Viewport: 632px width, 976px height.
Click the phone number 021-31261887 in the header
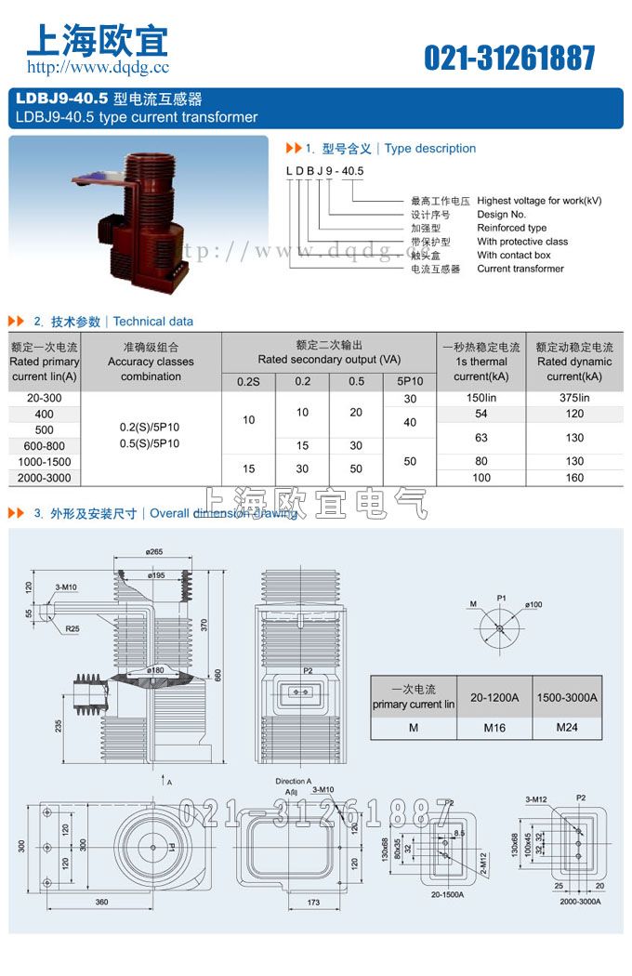[509, 58]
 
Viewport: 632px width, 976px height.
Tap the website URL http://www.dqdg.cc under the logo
[98, 67]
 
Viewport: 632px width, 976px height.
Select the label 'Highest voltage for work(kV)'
[539, 201]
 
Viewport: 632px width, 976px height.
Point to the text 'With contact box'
[514, 255]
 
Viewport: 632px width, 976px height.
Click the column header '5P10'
[410, 381]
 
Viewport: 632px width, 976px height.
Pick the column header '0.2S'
[248, 381]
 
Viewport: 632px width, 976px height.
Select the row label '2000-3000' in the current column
[44, 478]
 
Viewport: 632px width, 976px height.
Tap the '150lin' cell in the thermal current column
[481, 398]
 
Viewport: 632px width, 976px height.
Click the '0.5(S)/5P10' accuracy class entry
[151, 443]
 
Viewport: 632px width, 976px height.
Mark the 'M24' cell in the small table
[566, 727]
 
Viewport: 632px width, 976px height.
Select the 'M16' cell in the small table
[494, 727]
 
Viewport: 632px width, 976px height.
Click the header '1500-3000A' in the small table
[566, 697]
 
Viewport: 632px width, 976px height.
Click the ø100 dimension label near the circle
[533, 605]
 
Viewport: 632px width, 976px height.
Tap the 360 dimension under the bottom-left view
[101, 903]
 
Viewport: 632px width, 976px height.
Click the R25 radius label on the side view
[72, 629]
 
